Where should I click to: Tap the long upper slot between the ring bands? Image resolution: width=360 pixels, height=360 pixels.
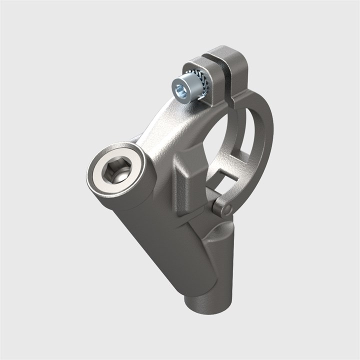pos(248,135)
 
